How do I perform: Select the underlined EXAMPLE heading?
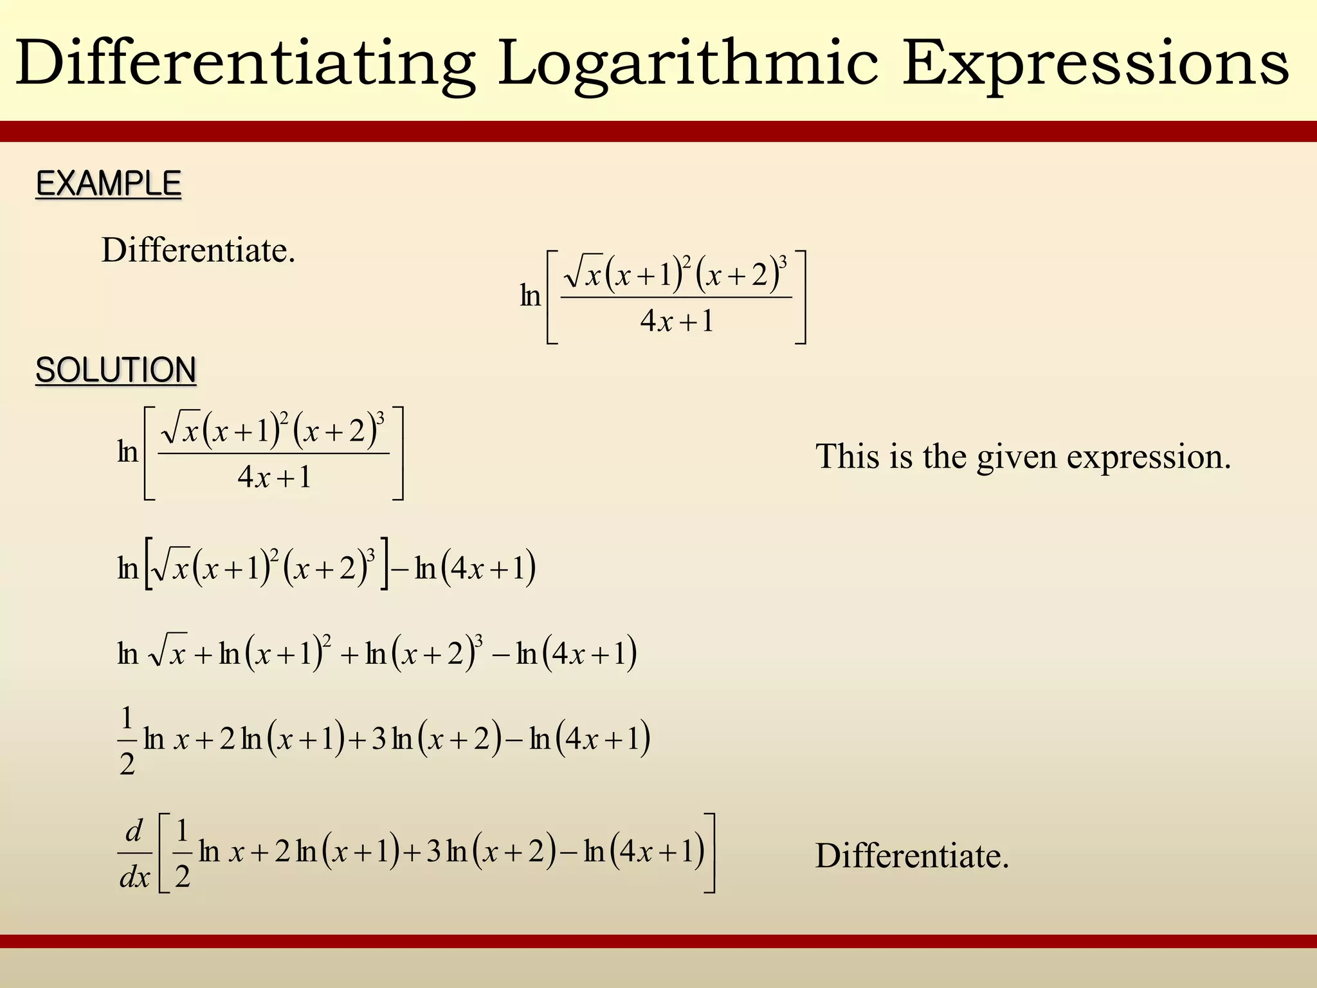tap(109, 184)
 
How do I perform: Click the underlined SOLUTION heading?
tap(116, 370)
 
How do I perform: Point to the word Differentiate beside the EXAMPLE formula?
tap(198, 250)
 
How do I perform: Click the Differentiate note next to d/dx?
tap(912, 856)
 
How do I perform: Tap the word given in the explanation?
tap(1017, 457)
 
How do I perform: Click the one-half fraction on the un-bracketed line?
tap(127, 740)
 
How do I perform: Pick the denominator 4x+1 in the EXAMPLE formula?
tap(677, 321)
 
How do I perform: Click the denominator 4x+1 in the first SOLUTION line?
tap(274, 477)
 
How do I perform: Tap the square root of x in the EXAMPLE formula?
tap(583, 275)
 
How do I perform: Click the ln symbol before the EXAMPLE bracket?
tap(530, 297)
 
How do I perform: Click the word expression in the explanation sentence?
tap(1149, 457)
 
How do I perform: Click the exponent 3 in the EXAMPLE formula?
tap(783, 262)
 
